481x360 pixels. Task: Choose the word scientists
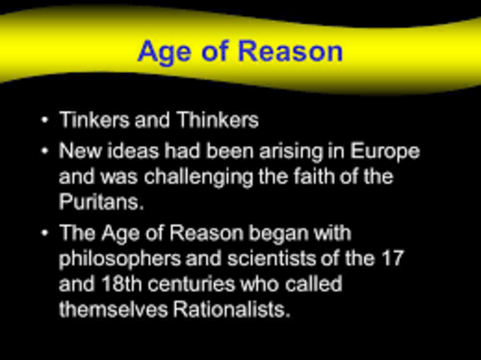(x=249, y=259)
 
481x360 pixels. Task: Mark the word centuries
(x=186, y=285)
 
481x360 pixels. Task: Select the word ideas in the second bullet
(x=131, y=150)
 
